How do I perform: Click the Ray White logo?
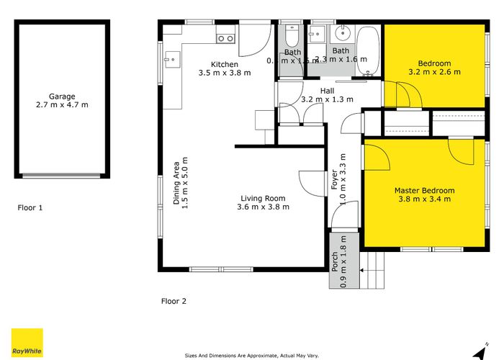click(x=27, y=343)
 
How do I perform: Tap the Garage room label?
click(x=62, y=96)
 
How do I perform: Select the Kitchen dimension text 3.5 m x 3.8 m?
click(x=225, y=73)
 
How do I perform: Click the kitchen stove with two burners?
click(x=225, y=39)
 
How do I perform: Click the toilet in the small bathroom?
click(x=292, y=37)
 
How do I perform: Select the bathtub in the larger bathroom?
click(x=366, y=50)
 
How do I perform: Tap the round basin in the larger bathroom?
click(x=342, y=35)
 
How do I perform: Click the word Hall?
click(x=327, y=91)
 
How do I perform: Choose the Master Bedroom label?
click(x=424, y=191)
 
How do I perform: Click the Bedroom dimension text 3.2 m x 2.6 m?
click(x=433, y=72)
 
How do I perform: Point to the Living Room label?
click(x=263, y=199)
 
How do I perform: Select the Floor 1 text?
click(x=30, y=207)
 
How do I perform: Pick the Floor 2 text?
click(x=174, y=301)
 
